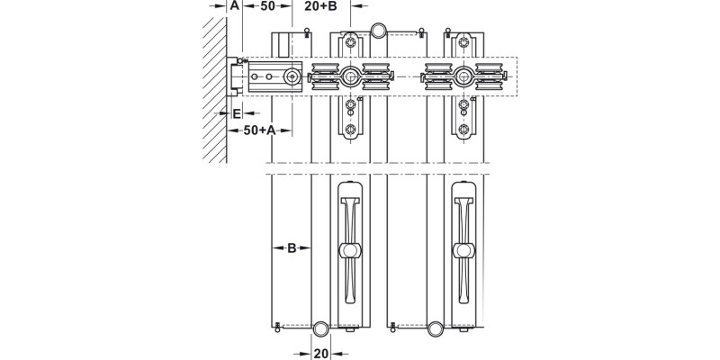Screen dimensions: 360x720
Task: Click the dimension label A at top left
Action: tap(233, 6)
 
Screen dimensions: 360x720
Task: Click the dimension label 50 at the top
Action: tap(267, 6)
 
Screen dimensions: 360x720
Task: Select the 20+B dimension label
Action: tap(320, 6)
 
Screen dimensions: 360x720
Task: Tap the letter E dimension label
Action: tap(236, 113)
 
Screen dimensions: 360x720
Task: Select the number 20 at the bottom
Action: tap(320, 353)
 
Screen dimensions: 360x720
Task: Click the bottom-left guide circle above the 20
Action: tap(320, 328)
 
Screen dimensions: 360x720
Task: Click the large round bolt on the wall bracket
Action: tap(292, 77)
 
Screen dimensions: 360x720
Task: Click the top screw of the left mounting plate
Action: tap(350, 41)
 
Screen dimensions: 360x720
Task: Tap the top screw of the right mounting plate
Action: tap(463, 41)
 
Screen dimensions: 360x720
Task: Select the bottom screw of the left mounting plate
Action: tap(350, 128)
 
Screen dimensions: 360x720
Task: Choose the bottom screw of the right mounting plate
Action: tap(463, 128)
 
